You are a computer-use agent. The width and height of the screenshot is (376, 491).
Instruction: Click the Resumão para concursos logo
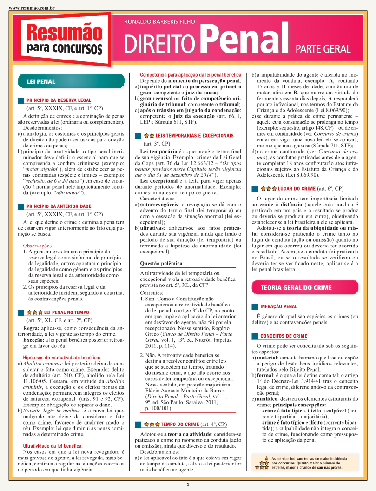(64, 39)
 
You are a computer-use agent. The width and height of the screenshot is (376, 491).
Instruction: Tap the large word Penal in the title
(244, 39)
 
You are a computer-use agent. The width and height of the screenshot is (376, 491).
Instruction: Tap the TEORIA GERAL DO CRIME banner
(289, 287)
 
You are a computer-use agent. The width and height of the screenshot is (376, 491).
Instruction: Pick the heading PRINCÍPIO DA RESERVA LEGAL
(59, 100)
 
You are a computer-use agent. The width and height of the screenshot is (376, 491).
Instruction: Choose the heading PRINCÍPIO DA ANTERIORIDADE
(59, 206)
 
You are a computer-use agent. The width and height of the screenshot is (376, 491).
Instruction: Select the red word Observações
(37, 245)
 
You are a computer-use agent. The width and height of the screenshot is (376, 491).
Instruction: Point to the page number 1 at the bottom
(188, 485)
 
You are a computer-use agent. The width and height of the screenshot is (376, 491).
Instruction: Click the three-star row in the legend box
(263, 468)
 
